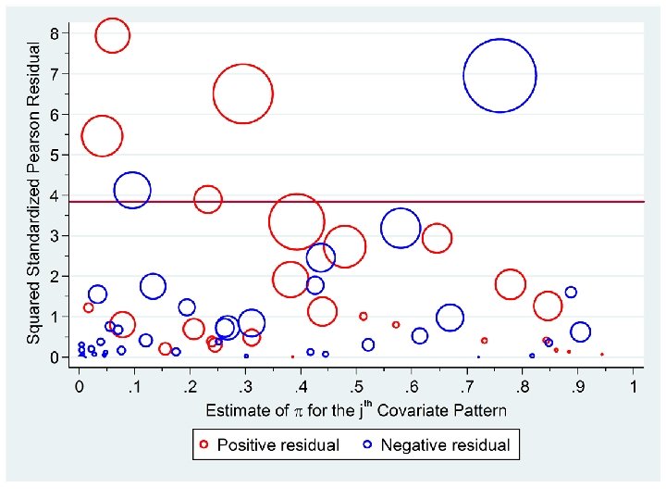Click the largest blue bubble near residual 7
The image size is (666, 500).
(499, 75)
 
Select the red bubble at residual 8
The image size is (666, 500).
(112, 35)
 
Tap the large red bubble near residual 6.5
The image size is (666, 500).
(242, 94)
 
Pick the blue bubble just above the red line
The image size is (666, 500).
(132, 190)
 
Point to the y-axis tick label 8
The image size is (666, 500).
(55, 33)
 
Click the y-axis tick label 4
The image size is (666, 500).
(55, 195)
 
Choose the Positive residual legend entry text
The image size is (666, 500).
(278, 444)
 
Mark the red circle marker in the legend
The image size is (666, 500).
(204, 444)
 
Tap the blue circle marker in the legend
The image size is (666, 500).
(366, 444)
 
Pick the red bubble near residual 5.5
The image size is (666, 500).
(102, 135)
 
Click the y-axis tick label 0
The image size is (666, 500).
(55, 357)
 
